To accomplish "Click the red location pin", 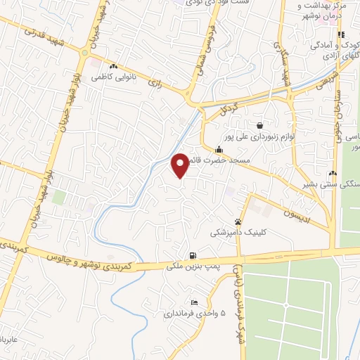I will [x=180, y=165].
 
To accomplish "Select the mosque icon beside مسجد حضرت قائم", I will [x=219, y=149].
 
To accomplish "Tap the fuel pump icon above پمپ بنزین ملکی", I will [x=193, y=255].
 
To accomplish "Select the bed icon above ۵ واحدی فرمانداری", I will [x=194, y=302].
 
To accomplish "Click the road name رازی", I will [x=154, y=83].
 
